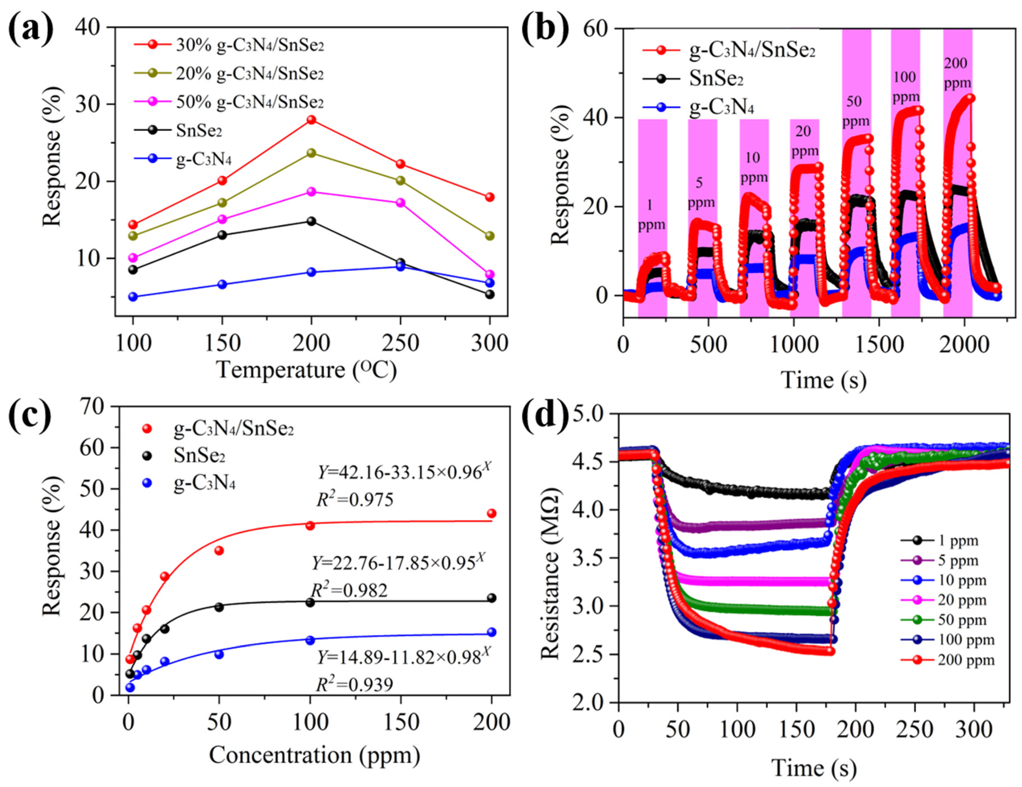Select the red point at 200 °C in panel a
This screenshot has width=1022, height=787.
coord(311,120)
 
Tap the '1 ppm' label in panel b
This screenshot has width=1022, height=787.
coord(652,215)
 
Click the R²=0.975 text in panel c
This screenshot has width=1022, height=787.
coord(355,500)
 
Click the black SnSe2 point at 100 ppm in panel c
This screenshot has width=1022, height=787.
coord(310,603)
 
